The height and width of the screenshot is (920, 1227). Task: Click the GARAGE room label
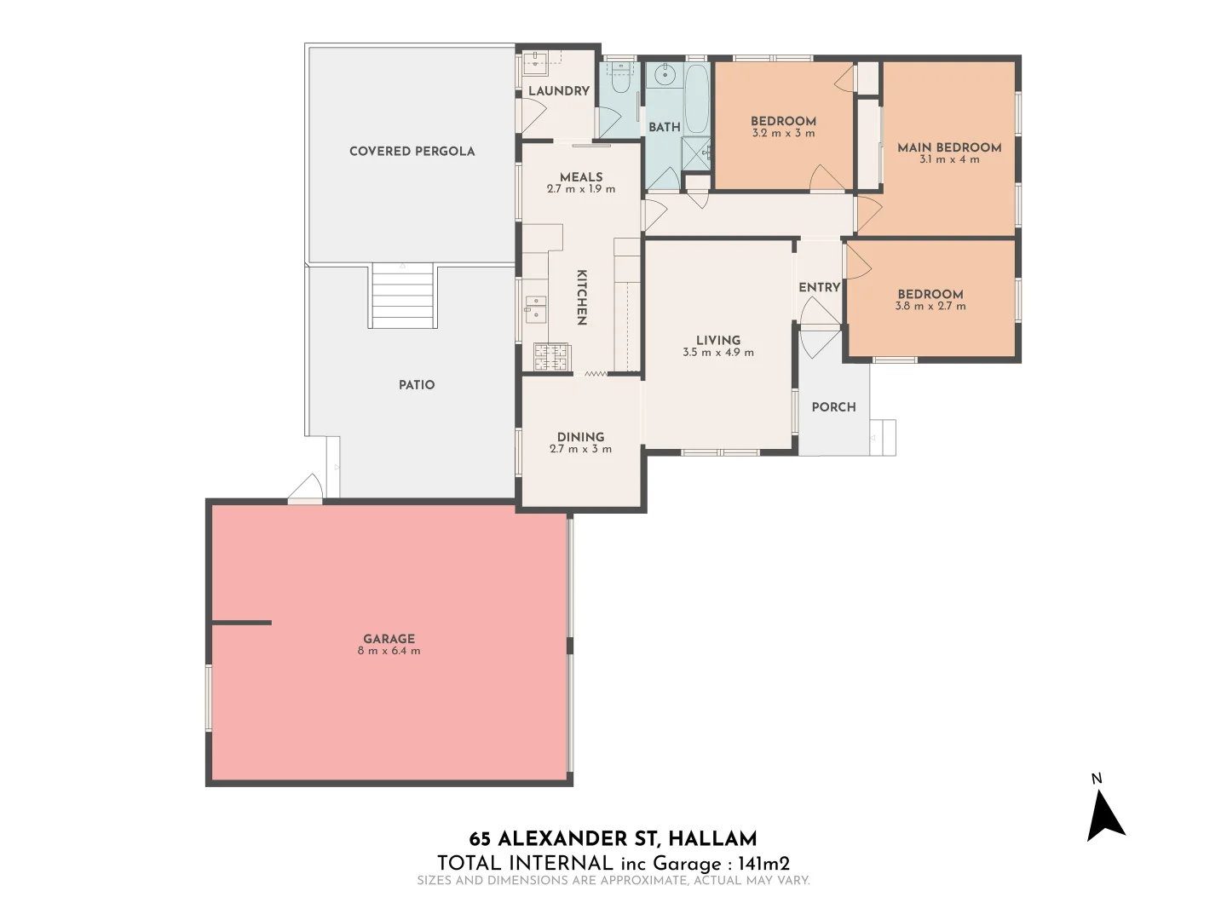389,638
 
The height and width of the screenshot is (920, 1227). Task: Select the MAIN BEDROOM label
949,147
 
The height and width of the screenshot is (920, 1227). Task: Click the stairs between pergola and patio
403,296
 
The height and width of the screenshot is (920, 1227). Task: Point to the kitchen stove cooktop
551,357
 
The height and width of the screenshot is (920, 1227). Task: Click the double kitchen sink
535,308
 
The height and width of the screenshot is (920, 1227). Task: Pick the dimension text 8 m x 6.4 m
389,651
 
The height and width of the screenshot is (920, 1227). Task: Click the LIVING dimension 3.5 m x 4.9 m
717,352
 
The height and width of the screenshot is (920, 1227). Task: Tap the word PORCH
833,407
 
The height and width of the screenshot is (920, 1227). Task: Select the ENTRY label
819,287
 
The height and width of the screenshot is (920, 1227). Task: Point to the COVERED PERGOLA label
412,151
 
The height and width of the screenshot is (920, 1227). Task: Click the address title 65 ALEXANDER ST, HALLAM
613,839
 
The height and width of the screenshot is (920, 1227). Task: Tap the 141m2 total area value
763,863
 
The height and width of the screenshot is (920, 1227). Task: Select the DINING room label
580,436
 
